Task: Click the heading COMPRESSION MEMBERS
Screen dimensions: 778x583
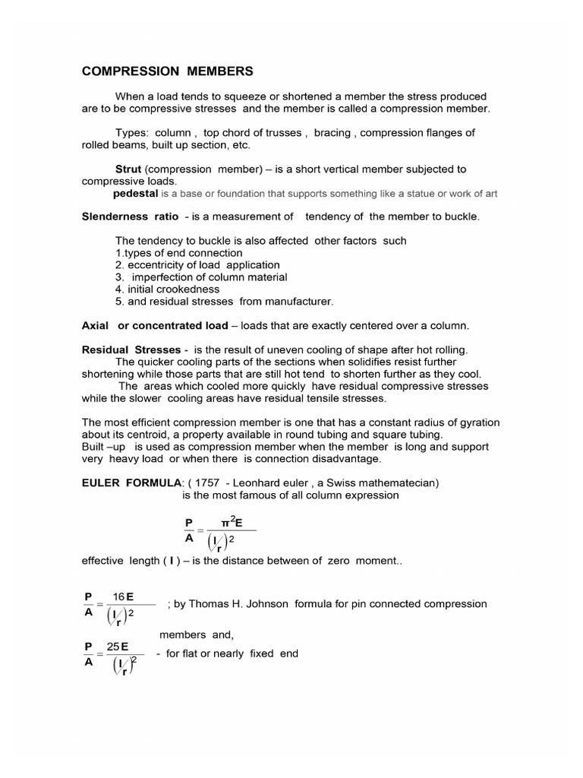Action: point(167,71)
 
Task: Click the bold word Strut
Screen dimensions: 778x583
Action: point(128,169)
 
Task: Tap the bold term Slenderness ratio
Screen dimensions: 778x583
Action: point(130,217)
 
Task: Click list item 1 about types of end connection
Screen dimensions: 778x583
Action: point(178,253)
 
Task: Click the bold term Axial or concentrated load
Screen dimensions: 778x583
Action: point(154,325)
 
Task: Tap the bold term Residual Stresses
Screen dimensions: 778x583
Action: point(130,349)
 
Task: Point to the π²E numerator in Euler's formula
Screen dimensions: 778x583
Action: point(231,522)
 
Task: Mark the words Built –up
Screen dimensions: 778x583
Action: point(104,447)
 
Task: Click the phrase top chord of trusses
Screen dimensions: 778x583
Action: point(254,132)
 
